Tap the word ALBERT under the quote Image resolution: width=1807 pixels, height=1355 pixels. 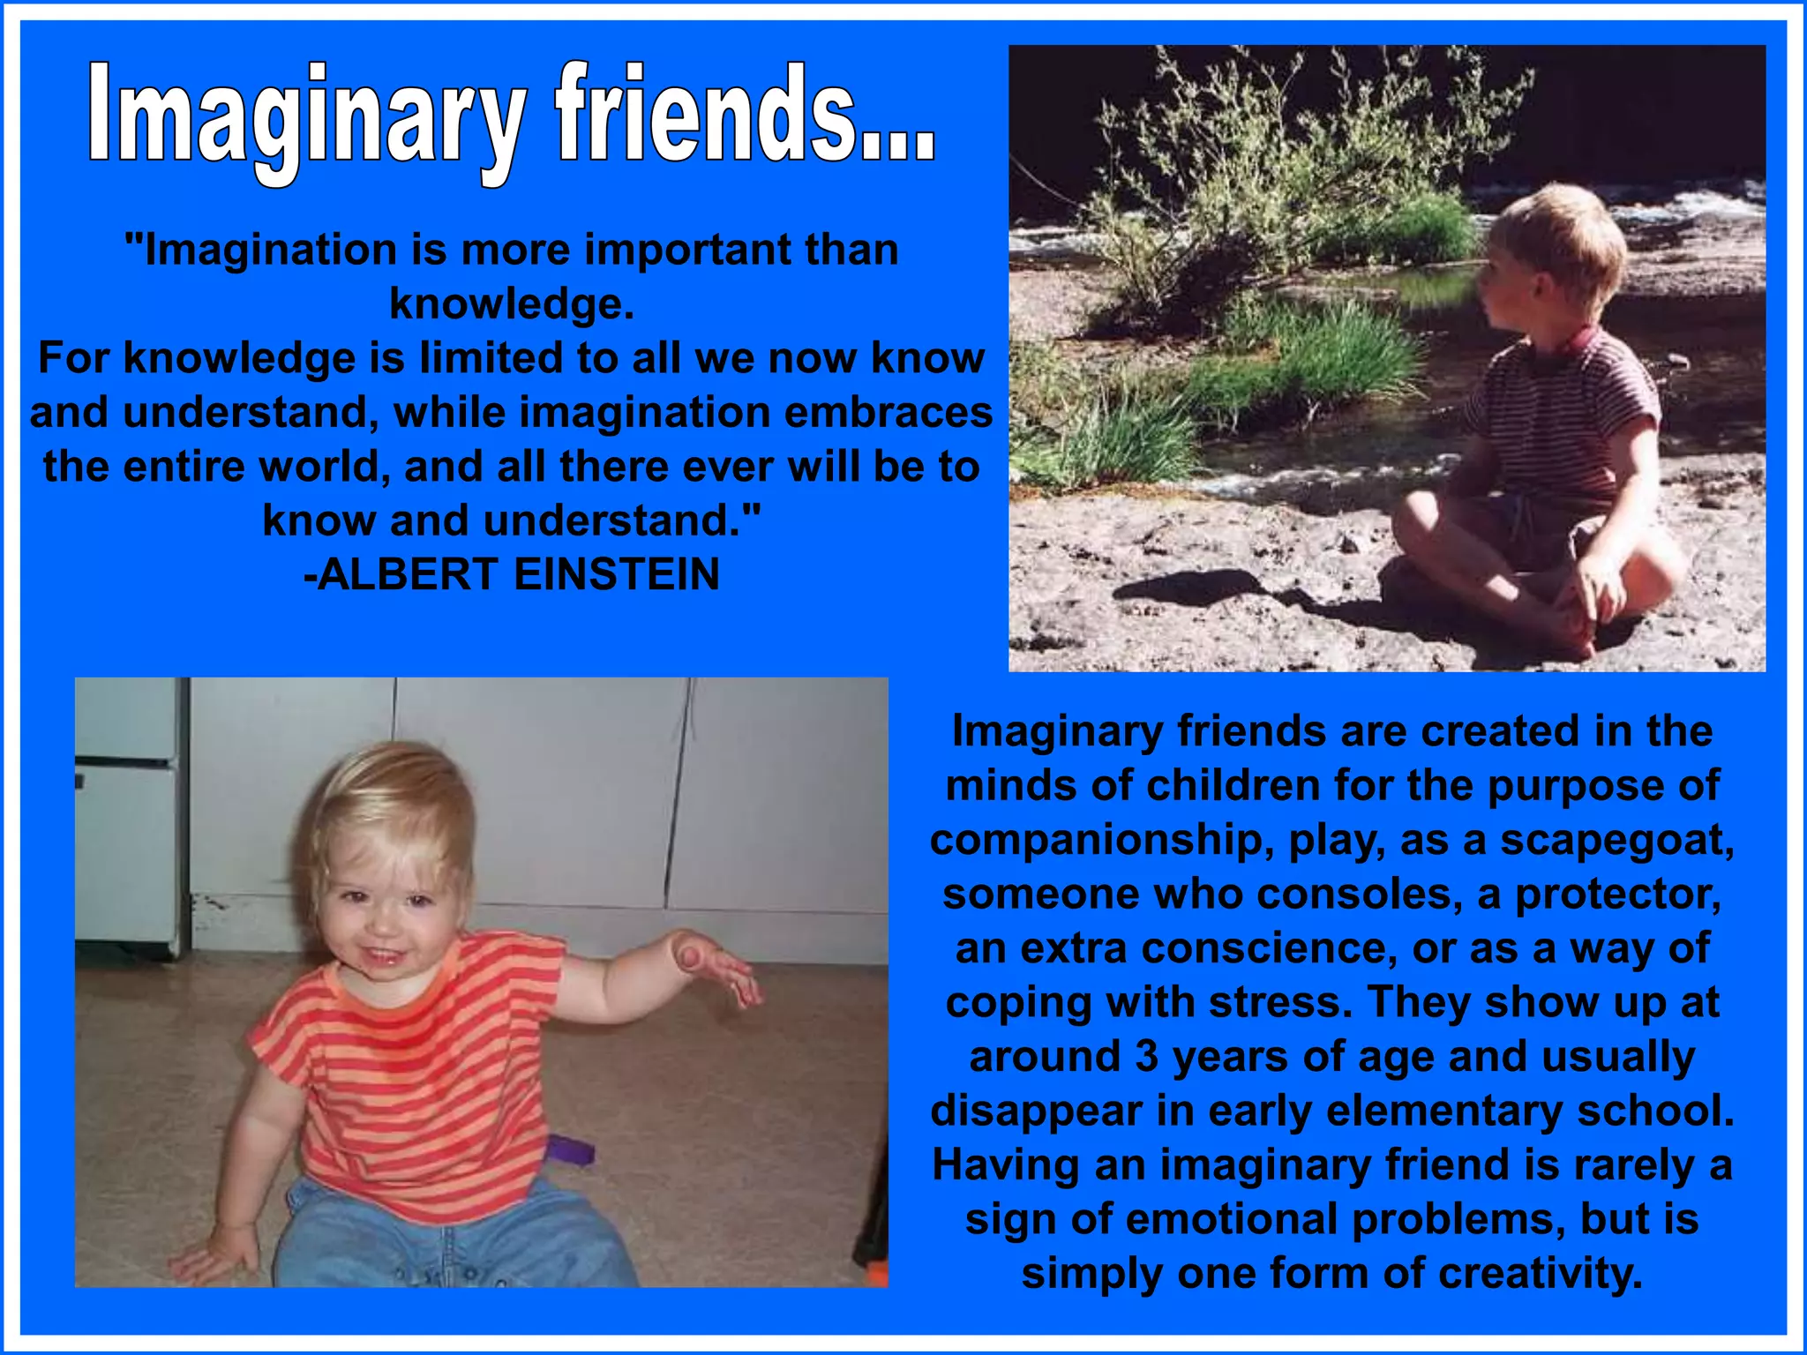tap(408, 575)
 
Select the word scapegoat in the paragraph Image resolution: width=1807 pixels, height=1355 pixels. tap(1617, 840)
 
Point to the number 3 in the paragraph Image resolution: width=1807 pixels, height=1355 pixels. tap(1146, 1057)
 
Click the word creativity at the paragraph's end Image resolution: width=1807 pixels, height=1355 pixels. tap(1541, 1274)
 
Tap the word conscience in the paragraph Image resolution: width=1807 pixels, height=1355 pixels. tap(1266, 949)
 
